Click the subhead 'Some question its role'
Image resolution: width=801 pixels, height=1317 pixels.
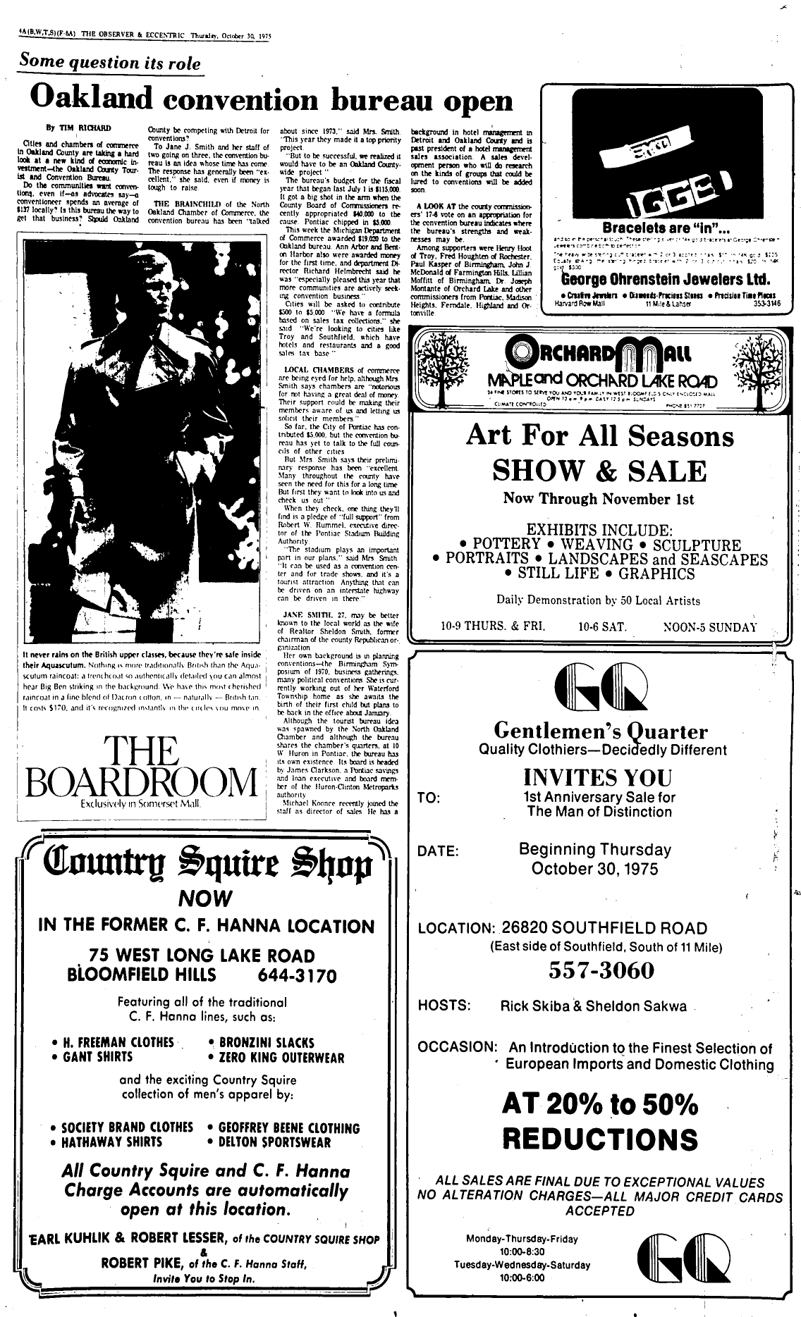pos(110,62)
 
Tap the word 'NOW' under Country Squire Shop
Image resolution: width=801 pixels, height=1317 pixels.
pos(205,898)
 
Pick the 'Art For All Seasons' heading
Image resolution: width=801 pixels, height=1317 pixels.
pos(599,436)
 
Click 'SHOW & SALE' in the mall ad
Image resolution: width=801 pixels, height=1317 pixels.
pos(599,471)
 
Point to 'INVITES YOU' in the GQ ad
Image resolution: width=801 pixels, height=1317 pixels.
pos(597,777)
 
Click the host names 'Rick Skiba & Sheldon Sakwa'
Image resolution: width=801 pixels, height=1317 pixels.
pos(592,1006)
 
